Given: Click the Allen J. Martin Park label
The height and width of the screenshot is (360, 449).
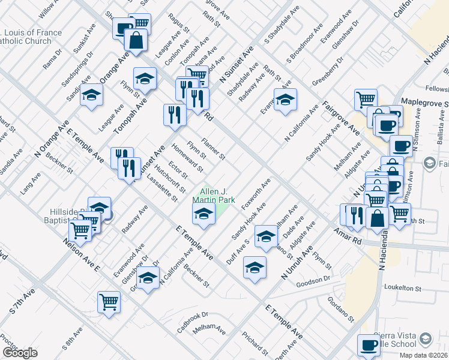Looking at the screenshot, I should pyautogui.click(x=213, y=195).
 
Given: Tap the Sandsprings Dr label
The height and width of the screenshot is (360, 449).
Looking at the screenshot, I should pyautogui.click(x=80, y=65).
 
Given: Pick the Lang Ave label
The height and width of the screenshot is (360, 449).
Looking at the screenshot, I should pyautogui.click(x=30, y=182).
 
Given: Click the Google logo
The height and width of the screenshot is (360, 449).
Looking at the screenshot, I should pyautogui.click(x=20, y=353).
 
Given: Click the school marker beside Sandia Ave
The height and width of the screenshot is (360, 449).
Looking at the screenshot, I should pyautogui.click(x=92, y=95).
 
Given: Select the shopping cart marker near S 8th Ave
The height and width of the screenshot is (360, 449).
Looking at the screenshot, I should pyautogui.click(x=109, y=302).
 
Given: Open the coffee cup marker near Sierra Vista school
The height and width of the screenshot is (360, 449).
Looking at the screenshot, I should pyautogui.click(x=368, y=345).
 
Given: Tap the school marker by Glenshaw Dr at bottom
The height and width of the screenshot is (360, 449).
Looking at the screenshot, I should pyautogui.click(x=148, y=277).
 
